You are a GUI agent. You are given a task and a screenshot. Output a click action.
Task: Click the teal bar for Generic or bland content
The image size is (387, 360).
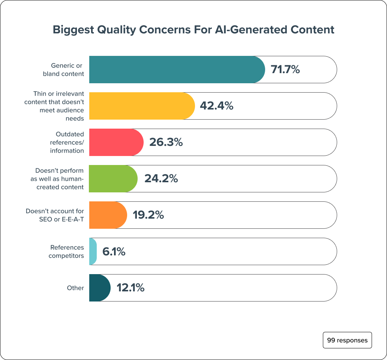tap(176, 69)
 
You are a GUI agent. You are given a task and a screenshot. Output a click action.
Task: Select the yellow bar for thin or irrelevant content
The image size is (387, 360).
tap(142, 106)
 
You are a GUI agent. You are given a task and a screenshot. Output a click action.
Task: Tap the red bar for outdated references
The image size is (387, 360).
tap(116, 142)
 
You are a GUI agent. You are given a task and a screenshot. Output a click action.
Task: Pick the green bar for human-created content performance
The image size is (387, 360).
tap(113, 178)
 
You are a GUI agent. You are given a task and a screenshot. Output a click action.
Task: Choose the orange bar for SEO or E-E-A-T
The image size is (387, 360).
tap(108, 215)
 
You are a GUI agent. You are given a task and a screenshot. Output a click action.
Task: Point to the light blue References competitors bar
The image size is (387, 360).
tap(93, 251)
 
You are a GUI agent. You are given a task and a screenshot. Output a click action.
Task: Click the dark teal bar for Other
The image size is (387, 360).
tap(99, 288)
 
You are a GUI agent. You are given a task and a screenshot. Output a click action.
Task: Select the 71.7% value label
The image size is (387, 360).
tap(285, 69)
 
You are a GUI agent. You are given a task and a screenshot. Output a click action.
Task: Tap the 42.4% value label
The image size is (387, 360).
tap(216, 106)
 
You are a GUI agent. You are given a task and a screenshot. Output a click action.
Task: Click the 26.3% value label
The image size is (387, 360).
tap(166, 142)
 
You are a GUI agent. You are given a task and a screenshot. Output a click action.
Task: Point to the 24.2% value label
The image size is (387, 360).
tap(161, 178)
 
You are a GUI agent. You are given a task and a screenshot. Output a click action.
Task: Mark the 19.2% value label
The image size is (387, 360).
tap(148, 215)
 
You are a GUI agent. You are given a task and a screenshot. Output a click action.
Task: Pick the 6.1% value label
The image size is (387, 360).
tap(114, 251)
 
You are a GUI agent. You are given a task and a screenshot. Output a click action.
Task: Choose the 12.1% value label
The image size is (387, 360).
tap(130, 288)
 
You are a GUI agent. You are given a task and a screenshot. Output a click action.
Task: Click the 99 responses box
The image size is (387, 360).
tap(347, 340)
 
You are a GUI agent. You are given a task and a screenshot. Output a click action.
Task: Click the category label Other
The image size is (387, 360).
tap(75, 288)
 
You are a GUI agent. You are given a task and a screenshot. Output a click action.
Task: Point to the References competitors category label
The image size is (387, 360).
tap(67, 251)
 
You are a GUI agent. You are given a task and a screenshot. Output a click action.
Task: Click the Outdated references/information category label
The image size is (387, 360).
tap(67, 142)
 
